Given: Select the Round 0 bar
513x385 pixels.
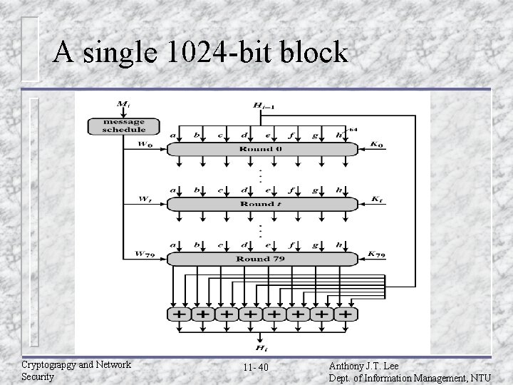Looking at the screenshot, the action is (x=261, y=149).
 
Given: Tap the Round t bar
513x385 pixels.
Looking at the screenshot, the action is (x=261, y=204).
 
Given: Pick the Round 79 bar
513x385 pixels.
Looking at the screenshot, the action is (x=261, y=259).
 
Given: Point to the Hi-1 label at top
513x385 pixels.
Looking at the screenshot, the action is (x=262, y=106).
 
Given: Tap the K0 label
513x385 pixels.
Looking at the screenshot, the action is (x=377, y=145).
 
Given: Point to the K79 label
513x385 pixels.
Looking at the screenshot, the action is (x=378, y=255).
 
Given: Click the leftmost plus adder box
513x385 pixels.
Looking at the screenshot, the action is (x=180, y=314).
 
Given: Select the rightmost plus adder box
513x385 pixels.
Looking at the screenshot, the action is (x=346, y=314).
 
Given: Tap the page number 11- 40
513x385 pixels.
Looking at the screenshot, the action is (x=255, y=368).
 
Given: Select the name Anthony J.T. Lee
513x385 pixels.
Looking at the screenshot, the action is (x=364, y=364).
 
